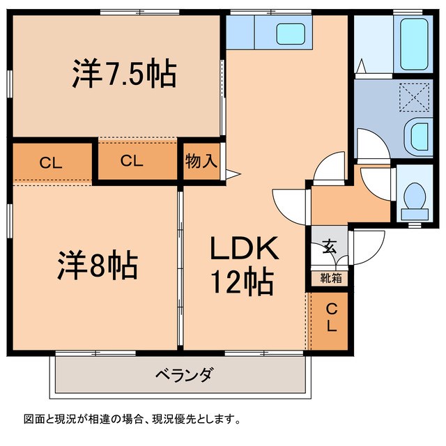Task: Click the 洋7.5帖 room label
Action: point(123,74)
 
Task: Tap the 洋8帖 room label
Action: point(97,265)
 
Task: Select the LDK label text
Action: point(244,249)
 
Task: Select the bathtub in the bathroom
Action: point(414,43)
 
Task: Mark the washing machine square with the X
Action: point(415,96)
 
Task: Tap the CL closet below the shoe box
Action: point(332,317)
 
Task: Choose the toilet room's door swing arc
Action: point(376,183)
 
